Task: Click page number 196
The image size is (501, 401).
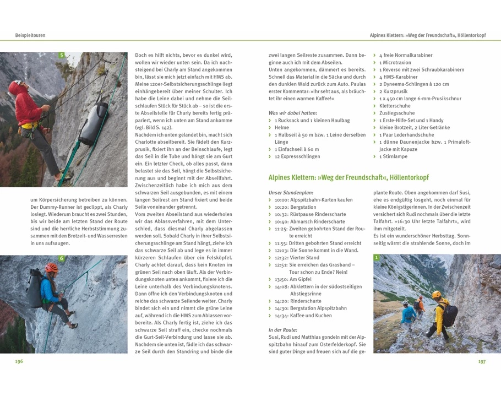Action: [x=19, y=361]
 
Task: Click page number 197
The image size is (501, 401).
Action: [x=482, y=361]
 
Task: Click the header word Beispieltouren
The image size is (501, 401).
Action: [x=30, y=35]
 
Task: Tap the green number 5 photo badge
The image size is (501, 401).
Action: [x=62, y=55]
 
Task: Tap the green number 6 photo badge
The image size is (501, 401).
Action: [x=62, y=258]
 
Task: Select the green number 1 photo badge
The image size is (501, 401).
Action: [x=377, y=257]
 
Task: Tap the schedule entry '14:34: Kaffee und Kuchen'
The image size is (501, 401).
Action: [x=303, y=316]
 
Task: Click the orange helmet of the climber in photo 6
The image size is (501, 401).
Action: [x=51, y=268]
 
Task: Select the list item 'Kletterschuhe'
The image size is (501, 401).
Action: [x=395, y=106]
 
